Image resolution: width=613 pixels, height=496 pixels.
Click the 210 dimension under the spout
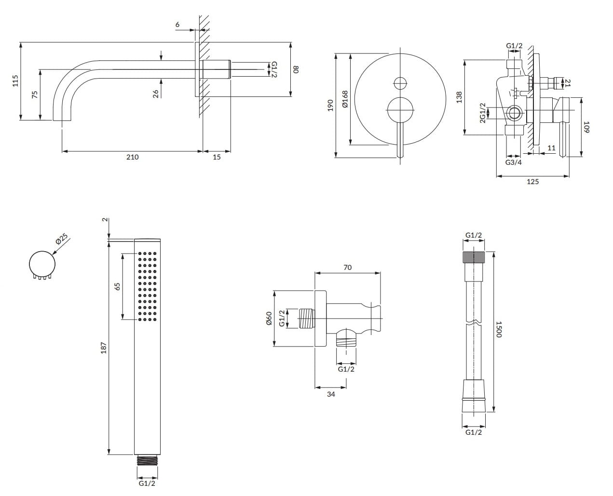(x=132, y=157)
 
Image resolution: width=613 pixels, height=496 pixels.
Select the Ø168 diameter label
(x=344, y=99)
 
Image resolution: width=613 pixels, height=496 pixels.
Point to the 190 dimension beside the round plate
(x=330, y=105)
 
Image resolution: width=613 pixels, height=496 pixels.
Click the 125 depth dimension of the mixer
(x=533, y=182)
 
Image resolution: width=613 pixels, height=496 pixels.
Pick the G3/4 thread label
(x=513, y=162)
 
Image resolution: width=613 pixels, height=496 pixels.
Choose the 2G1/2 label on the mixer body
(x=482, y=113)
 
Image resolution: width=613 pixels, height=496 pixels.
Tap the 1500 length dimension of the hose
(x=499, y=331)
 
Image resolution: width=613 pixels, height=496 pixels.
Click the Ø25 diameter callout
(x=62, y=239)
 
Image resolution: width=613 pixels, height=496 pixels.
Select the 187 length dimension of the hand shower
(x=103, y=347)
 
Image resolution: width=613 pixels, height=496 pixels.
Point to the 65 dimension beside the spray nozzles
(x=117, y=286)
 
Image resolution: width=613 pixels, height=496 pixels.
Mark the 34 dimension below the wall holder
(x=331, y=394)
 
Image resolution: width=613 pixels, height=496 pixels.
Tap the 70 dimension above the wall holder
(x=348, y=268)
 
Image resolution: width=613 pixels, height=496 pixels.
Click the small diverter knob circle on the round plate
(x=400, y=83)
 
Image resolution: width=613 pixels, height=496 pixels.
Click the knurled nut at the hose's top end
(x=473, y=256)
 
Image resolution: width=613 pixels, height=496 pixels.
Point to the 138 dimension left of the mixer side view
(x=459, y=97)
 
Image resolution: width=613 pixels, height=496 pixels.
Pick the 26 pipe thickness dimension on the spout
(x=156, y=94)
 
